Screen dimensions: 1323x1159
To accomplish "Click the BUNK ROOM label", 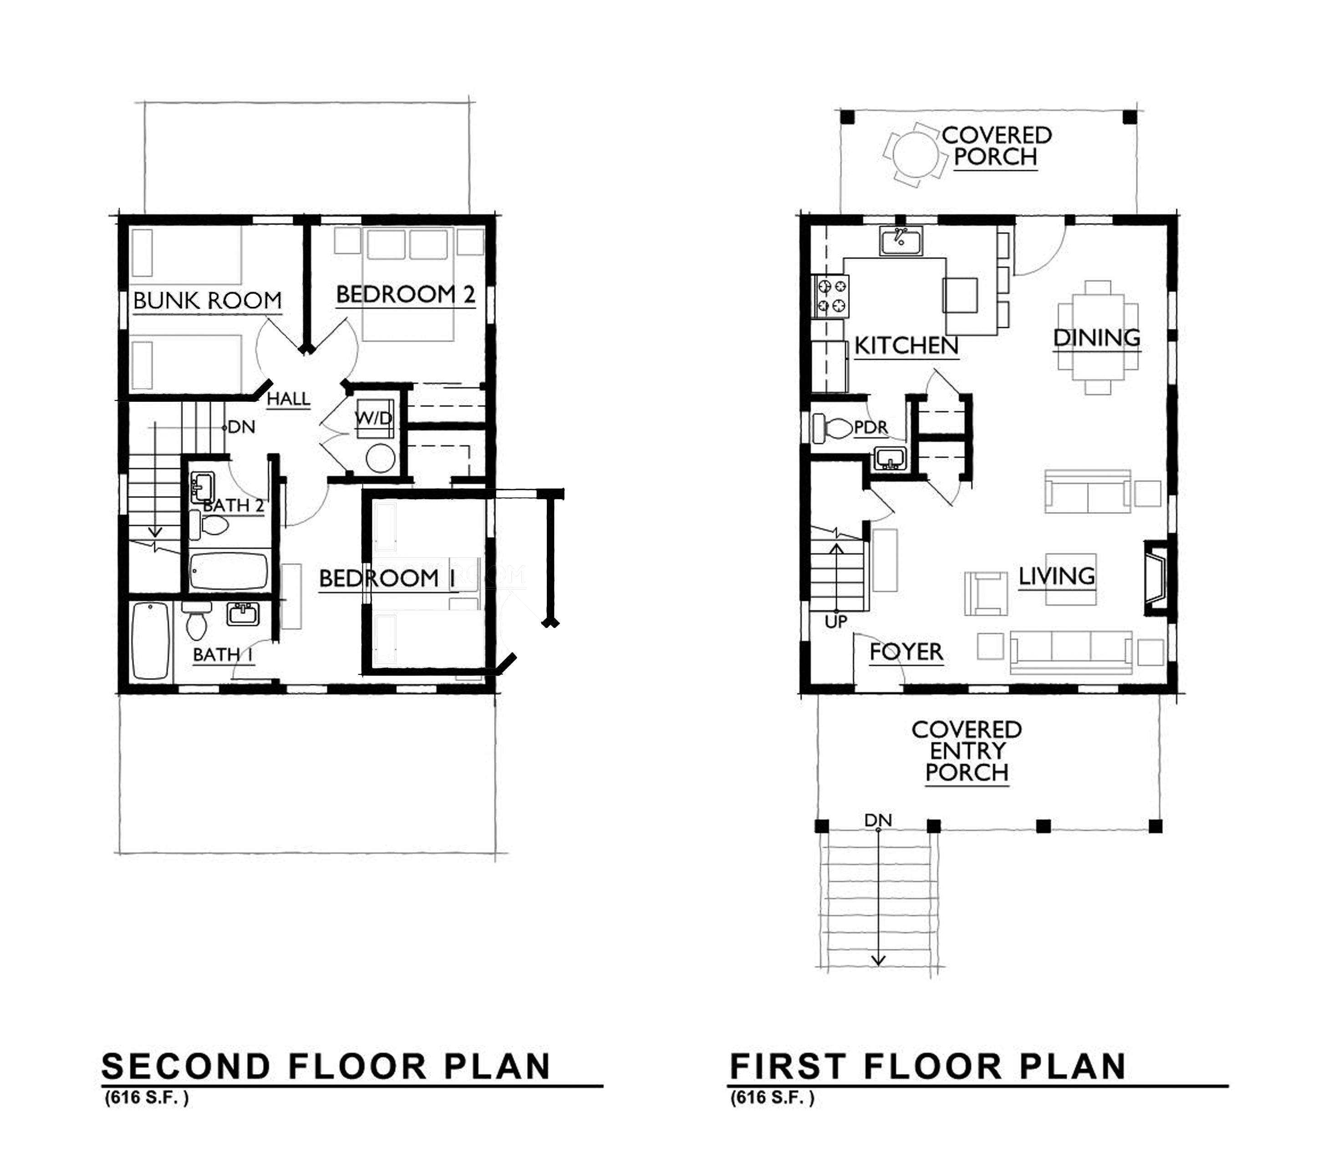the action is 207,301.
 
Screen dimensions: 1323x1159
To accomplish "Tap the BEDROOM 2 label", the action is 406,295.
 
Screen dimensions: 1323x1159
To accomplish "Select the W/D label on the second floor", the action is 373,418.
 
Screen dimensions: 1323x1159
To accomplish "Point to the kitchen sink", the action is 901,241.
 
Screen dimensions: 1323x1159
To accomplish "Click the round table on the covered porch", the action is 911,155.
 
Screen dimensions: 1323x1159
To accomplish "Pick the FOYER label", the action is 906,652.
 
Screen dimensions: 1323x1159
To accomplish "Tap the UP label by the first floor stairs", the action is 836,622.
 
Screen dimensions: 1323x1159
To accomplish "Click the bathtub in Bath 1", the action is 150,640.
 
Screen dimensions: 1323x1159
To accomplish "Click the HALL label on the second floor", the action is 289,399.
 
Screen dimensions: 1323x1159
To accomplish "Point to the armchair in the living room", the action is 985,593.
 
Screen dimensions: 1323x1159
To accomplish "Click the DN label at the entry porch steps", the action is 878,820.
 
